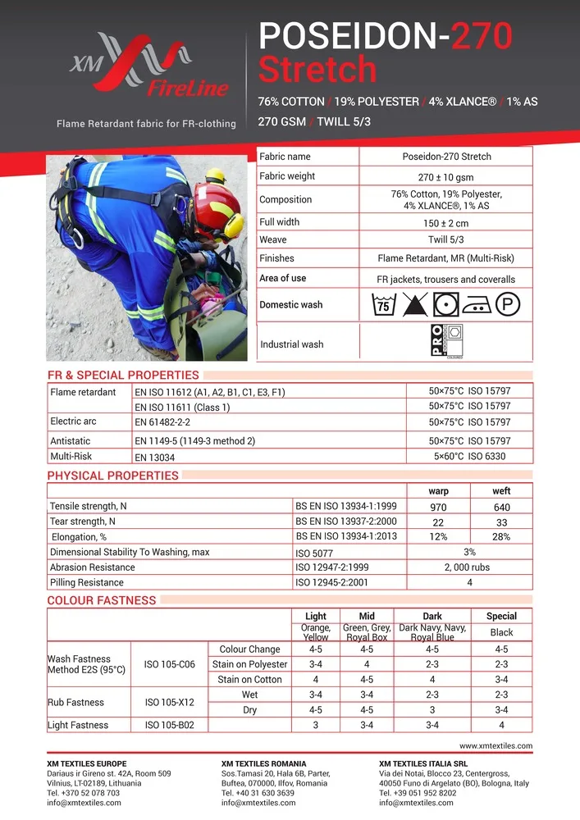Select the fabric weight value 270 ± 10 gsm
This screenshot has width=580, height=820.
(x=445, y=177)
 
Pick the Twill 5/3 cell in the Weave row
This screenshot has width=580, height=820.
(x=445, y=239)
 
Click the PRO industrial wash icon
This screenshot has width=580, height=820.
(x=447, y=342)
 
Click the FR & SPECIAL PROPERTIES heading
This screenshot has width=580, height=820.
(x=123, y=376)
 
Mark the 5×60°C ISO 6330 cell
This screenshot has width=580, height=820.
(x=469, y=457)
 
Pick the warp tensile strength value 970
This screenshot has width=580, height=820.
(x=438, y=507)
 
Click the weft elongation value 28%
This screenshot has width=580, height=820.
(x=501, y=537)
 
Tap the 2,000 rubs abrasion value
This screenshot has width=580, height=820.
(x=469, y=567)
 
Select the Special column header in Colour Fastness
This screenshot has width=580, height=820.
(x=501, y=616)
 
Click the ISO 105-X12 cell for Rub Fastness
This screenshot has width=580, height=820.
(x=169, y=702)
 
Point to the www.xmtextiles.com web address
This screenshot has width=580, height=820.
(x=496, y=746)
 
